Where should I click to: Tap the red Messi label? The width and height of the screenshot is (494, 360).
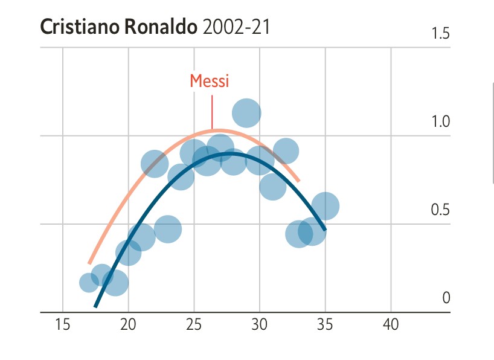210,81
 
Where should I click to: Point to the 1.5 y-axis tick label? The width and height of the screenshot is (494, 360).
441,34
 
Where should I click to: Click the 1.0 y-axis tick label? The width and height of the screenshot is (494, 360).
441,122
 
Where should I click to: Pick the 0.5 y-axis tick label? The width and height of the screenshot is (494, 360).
441,210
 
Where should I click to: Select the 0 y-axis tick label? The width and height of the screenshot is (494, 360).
446,298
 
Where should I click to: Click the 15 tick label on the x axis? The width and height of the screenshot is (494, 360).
63,325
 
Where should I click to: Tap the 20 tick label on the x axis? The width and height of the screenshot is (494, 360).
128,325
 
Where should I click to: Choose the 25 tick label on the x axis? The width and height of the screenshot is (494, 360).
194,325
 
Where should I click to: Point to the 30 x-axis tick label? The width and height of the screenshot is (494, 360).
260,325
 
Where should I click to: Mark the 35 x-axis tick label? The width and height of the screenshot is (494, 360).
325,325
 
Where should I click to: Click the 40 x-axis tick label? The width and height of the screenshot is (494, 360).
391,325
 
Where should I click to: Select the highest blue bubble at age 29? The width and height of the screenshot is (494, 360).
246,112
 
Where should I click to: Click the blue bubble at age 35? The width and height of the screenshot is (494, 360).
325,206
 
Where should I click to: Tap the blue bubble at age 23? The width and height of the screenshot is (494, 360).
168,229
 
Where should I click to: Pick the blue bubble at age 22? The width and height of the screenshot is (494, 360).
155,164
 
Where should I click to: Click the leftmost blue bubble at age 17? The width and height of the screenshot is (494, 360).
89,282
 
